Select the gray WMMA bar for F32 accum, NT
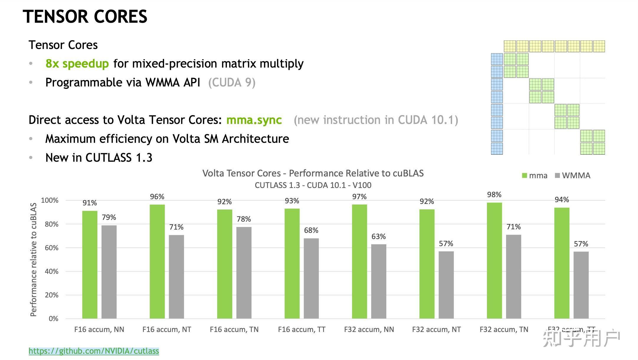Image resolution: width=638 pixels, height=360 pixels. pos(446,285)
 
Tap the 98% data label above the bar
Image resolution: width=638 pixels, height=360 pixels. pos(494,195)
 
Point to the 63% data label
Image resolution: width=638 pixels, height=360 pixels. pos(379,237)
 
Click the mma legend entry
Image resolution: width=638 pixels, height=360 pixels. pos(535,176)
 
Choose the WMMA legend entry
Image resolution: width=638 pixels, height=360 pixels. pos(573,176)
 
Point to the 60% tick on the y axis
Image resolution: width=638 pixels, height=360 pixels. pos(52,248)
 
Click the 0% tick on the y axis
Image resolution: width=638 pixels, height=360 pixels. pos(53,319)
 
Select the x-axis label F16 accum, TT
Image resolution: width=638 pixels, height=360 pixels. pos(302,329)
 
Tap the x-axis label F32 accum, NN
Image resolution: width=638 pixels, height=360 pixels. pos(369,329)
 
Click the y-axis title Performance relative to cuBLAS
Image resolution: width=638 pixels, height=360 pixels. pos(33,259)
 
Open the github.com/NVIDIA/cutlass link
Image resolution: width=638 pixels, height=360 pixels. pos(94,351)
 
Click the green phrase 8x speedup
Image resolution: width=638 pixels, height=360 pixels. pos(77,64)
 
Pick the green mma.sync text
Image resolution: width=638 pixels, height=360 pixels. pos(254,120)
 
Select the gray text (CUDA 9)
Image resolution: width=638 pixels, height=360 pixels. pos(232,83)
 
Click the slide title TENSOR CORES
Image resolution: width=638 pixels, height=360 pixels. pos(85,17)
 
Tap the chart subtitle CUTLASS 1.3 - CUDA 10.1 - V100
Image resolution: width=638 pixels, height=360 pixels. pos(313,185)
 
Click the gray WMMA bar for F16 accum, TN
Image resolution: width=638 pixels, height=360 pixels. pos(244,273)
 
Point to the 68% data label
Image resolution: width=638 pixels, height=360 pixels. pos(311,230)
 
